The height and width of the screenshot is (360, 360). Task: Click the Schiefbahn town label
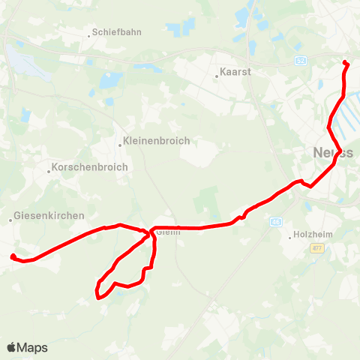pos(116,33)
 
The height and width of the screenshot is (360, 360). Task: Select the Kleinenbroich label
pos(158,140)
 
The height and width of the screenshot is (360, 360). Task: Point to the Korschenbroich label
pos(91,167)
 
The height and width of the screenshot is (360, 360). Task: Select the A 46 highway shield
pos(277,221)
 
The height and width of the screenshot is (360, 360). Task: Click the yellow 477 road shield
pos(319,249)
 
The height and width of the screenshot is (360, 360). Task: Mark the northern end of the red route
pos(345,62)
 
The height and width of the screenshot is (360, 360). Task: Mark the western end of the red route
pos(12,256)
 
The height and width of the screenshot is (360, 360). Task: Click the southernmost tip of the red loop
pos(100,297)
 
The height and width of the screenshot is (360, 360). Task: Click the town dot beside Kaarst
pos(217,74)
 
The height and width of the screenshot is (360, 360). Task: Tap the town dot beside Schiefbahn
pos(88,33)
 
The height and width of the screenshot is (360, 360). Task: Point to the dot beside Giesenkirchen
pos(11,220)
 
